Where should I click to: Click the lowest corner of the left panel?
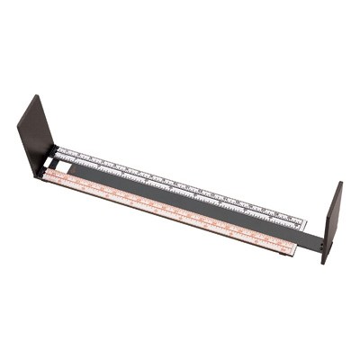pos(37,177)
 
